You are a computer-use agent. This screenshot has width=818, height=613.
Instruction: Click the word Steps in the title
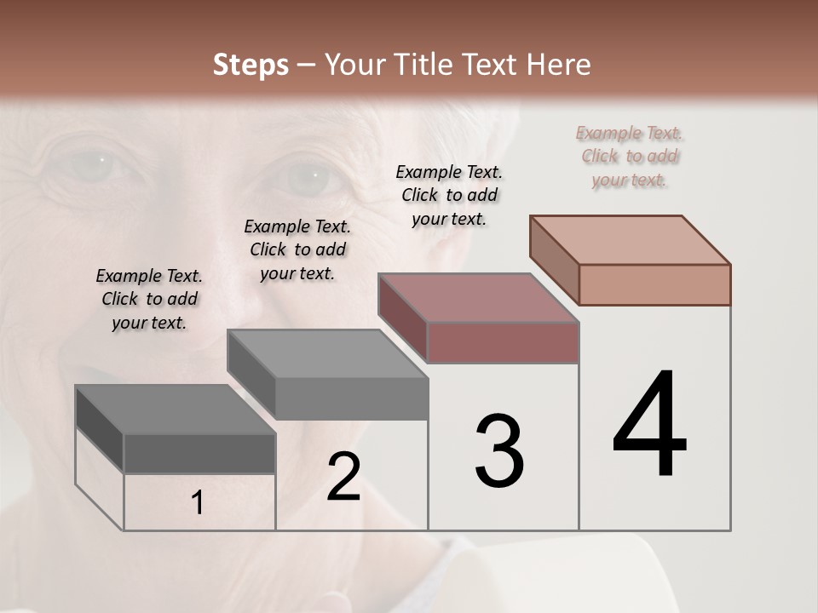251,65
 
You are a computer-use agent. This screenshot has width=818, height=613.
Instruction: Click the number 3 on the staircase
499,451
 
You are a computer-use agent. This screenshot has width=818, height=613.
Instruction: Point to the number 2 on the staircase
343,477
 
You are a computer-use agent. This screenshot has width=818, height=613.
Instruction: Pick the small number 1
198,503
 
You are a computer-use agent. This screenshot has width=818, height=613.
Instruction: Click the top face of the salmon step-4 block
631,239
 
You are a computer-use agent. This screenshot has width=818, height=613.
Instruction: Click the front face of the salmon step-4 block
654,284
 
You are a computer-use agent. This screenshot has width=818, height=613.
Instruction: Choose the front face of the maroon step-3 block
503,342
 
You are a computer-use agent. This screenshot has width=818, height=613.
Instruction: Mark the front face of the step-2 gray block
351,398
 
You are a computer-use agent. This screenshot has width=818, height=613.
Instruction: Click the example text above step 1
149,299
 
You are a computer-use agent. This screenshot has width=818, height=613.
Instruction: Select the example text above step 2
297,249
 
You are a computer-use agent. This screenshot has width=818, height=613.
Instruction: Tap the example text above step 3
449,195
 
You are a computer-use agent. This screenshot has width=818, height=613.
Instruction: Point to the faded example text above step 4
630,156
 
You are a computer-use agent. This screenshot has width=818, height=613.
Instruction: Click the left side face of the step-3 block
402,317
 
